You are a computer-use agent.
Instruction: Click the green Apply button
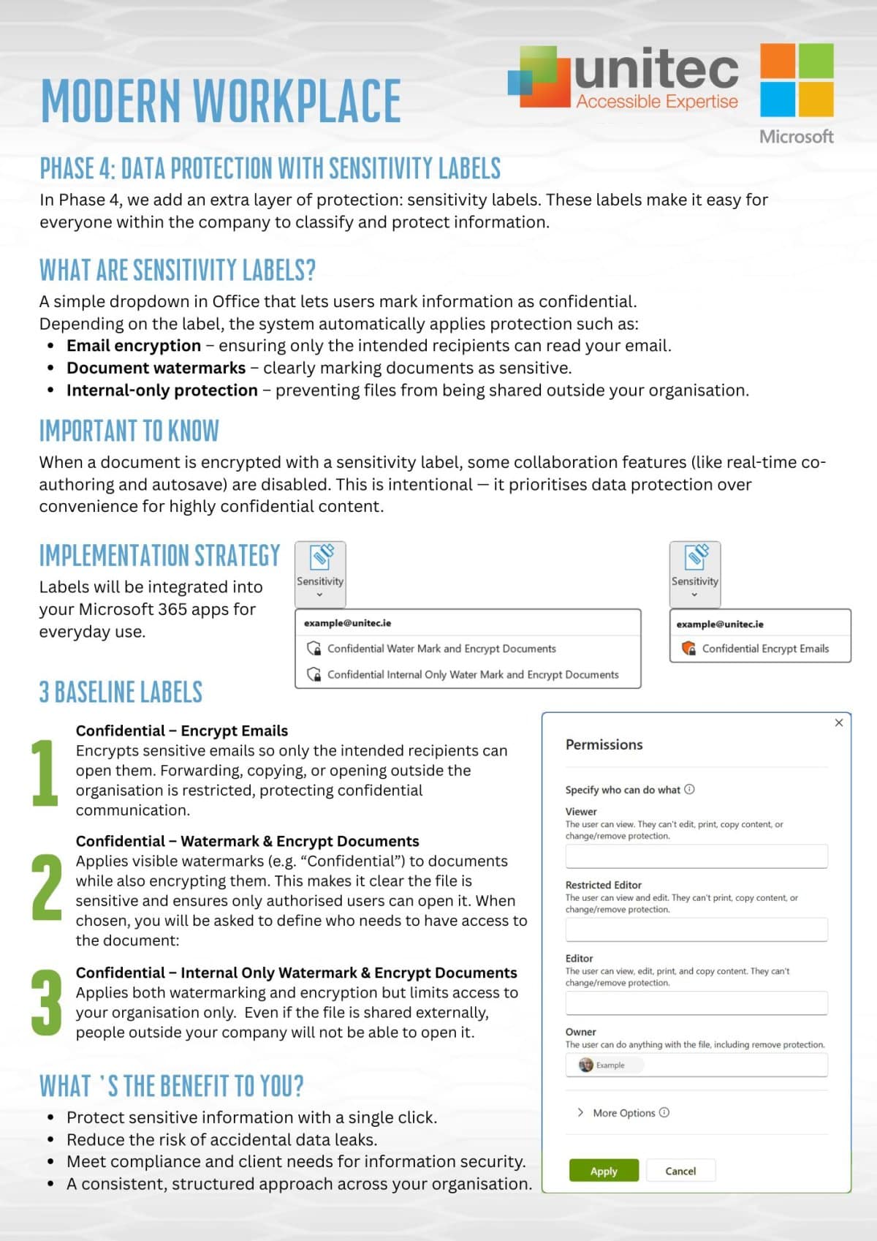point(604,1171)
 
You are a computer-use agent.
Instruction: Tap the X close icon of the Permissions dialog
point(839,723)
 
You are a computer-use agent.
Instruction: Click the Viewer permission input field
point(696,856)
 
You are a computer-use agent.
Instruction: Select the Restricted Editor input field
point(696,929)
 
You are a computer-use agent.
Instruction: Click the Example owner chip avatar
point(586,1065)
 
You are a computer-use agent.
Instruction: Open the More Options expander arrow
point(580,1112)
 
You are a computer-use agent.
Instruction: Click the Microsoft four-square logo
point(797,80)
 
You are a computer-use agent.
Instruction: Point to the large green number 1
point(45,772)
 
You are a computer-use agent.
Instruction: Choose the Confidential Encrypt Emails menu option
point(764,649)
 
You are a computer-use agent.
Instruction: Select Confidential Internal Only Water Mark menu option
point(472,675)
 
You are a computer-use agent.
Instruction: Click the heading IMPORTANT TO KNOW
point(129,431)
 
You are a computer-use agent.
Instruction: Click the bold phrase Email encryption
point(134,346)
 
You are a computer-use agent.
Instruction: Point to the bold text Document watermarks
point(156,368)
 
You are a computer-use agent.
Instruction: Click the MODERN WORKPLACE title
point(221,100)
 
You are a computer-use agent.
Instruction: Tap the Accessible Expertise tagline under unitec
point(656,102)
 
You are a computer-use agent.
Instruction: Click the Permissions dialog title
point(604,744)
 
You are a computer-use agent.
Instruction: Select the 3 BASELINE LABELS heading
point(121,692)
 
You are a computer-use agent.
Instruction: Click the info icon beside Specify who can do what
point(689,790)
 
